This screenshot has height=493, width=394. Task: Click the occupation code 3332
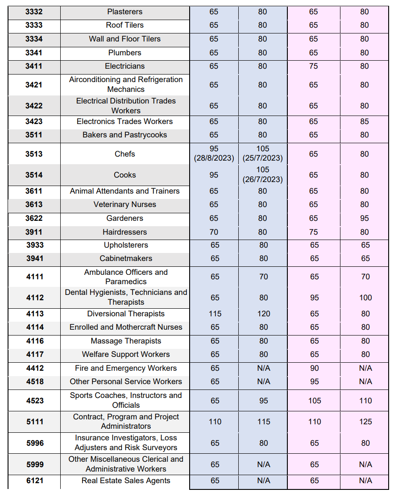point(34,12)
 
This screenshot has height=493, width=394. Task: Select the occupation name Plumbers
point(125,53)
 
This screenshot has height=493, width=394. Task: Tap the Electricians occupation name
point(125,66)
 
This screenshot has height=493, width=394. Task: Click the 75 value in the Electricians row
point(314,66)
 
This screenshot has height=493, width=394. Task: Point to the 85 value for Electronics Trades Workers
point(365,121)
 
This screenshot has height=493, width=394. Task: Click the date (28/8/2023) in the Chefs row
point(214,158)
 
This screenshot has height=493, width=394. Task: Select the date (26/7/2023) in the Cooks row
point(263,179)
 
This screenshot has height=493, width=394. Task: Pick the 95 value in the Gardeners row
point(365,218)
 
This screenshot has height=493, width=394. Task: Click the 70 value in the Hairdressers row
point(214,232)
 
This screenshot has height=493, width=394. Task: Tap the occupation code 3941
point(35,258)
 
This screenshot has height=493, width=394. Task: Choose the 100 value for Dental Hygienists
point(365,298)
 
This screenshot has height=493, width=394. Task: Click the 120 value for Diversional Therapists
point(264,314)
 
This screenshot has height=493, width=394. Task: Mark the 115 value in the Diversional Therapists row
point(215,314)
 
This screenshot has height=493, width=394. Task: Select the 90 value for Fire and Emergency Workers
point(315,368)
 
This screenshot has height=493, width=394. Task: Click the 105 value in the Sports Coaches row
point(315,401)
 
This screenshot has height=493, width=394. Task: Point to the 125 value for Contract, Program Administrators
point(365,422)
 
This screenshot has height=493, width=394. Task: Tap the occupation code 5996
point(35,443)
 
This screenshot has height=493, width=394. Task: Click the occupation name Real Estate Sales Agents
point(126,481)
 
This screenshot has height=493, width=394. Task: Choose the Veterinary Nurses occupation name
point(125,204)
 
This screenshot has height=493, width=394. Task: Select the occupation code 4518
point(35,381)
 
